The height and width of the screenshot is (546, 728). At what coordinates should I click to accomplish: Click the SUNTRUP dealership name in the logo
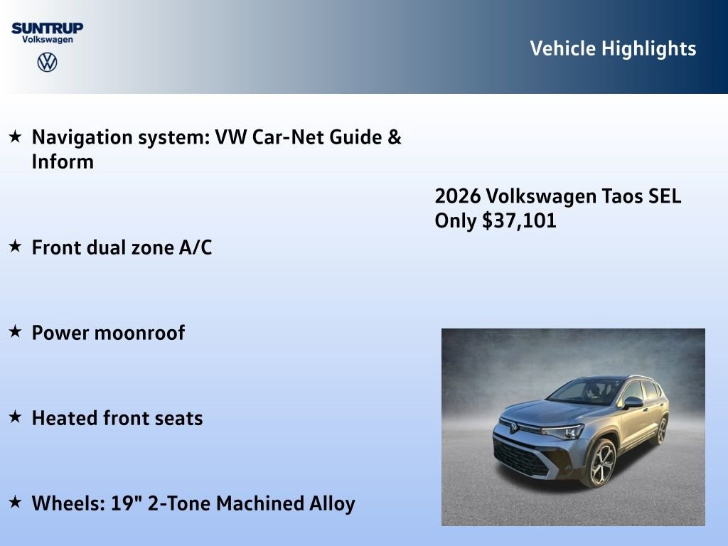pos(47,28)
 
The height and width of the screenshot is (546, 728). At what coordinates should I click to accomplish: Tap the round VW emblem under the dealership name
pos(47,62)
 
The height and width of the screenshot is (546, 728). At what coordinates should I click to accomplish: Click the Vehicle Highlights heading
pos(613,48)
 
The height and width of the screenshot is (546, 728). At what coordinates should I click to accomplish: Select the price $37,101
pos(519,221)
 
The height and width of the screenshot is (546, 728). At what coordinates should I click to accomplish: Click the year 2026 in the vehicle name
pos(456,196)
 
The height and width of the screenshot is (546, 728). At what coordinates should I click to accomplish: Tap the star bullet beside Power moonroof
pos(15,331)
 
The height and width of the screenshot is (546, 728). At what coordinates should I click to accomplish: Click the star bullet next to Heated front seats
pos(15,417)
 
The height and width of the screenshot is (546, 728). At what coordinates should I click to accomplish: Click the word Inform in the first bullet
pos(63,161)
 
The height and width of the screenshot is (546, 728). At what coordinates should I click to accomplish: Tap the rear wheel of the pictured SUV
pos(661,431)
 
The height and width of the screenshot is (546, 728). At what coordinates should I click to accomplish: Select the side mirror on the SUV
pos(632,402)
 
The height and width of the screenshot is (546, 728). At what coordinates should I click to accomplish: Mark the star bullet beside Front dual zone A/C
pos(15,246)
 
